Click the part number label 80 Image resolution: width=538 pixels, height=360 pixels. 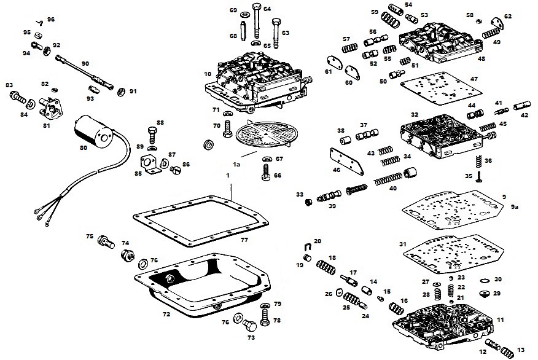pyautogui.click(x=84, y=147)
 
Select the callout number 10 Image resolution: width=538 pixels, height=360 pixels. pyautogui.click(x=208, y=74)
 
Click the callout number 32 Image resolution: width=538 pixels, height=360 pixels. pyautogui.click(x=415, y=114)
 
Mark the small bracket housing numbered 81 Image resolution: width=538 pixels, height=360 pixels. pyautogui.click(x=51, y=111)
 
